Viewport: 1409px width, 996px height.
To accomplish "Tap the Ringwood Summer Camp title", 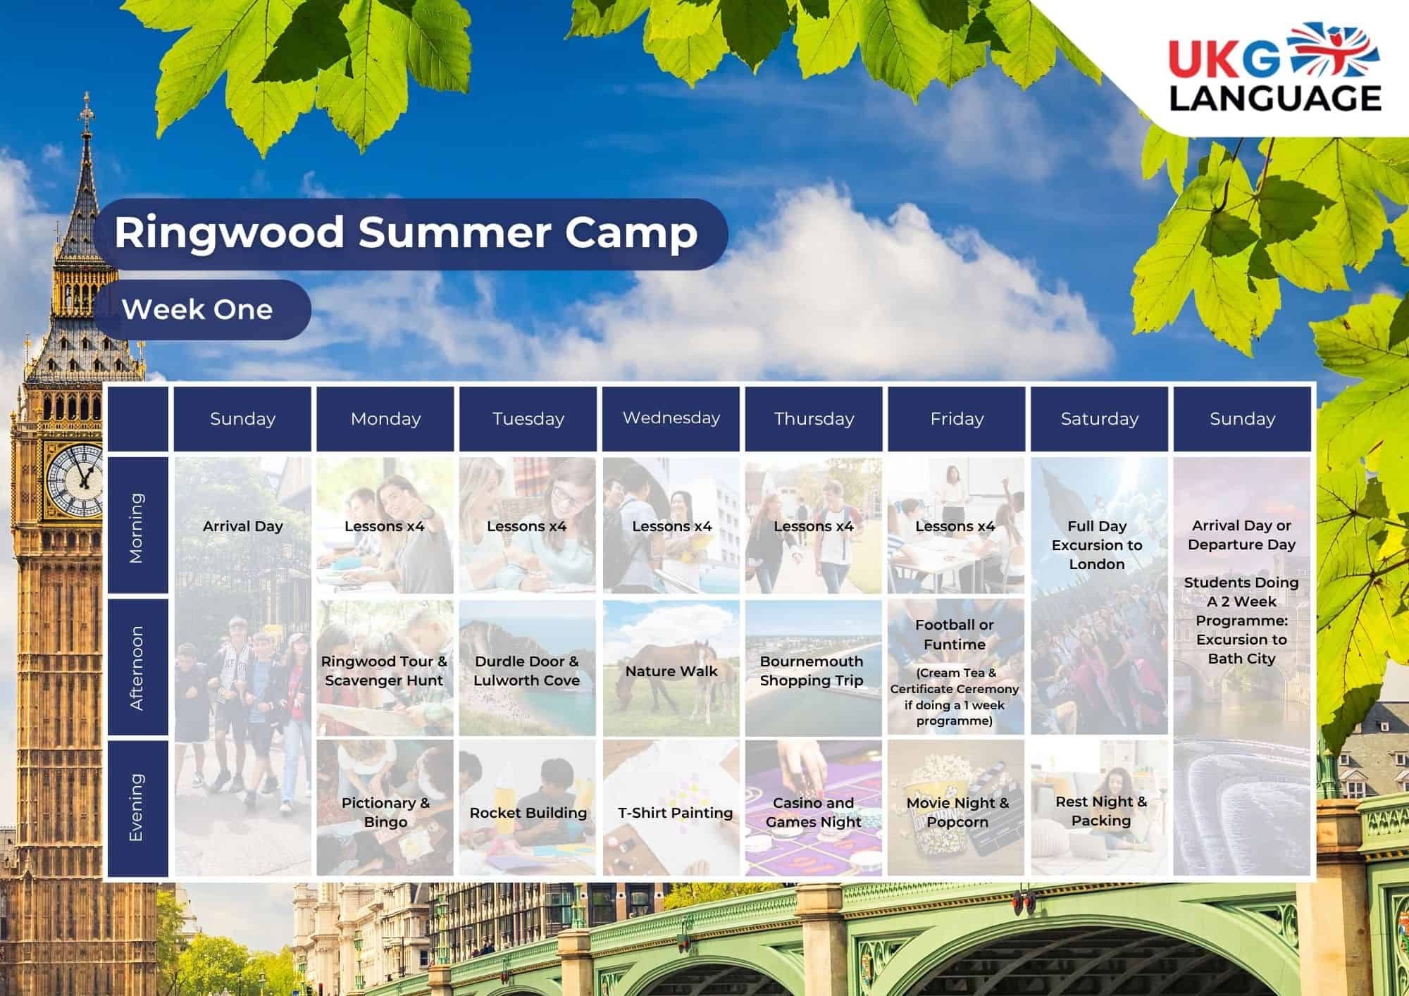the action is (x=406, y=233).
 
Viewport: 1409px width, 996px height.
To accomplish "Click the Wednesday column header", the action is (x=671, y=418).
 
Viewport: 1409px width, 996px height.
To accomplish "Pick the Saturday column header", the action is (x=1100, y=418).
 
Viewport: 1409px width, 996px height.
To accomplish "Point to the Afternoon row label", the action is (x=137, y=667).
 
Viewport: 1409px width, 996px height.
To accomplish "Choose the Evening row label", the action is (x=137, y=807).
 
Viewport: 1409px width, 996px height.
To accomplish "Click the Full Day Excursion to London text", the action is (x=1097, y=545).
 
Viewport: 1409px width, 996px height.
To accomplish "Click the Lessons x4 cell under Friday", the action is (x=956, y=525).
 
